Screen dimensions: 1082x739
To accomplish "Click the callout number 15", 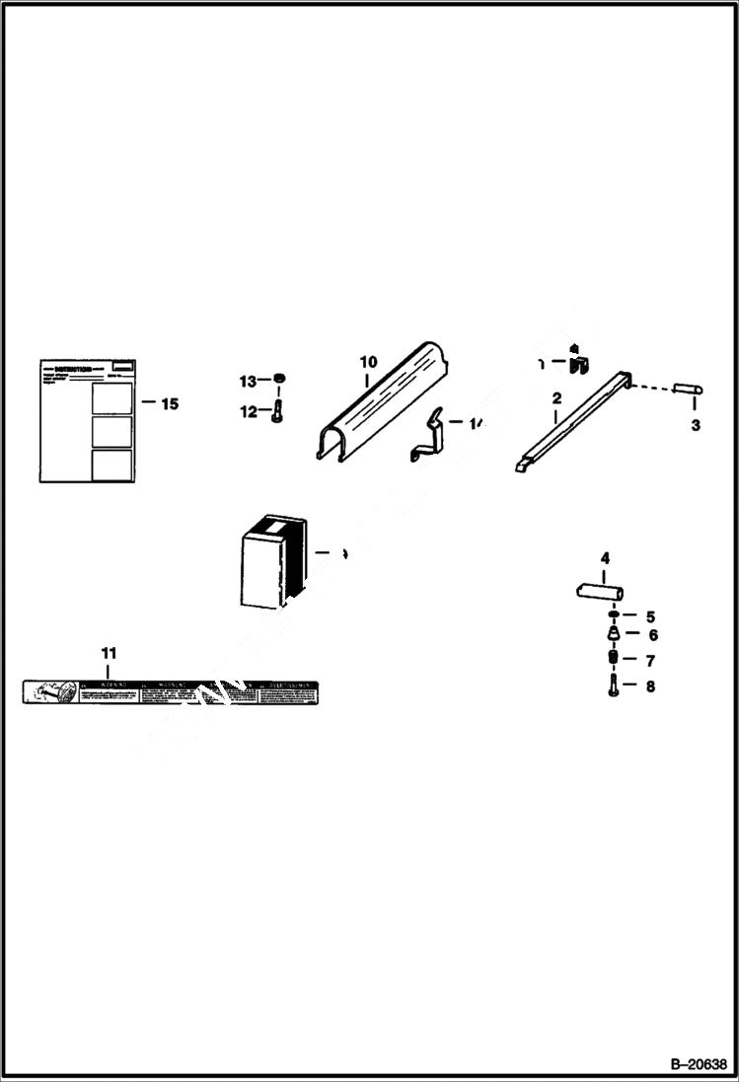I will pos(170,403).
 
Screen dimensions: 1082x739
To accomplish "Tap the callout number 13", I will pos(247,381).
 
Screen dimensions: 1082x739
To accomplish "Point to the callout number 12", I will pos(247,412).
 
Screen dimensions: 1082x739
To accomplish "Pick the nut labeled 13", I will pos(279,380).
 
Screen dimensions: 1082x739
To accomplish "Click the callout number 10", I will pos(368,361).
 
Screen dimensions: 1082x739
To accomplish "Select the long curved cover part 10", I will pos(380,399).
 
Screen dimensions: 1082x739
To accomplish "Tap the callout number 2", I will pos(556,398).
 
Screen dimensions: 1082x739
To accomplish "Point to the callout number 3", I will pos(696,425).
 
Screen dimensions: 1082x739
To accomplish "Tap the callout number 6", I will pos(652,636).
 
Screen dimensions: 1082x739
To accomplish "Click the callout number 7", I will pos(650,661).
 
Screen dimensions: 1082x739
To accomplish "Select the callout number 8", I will pos(649,687).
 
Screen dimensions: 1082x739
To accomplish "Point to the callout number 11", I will pos(109,653).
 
